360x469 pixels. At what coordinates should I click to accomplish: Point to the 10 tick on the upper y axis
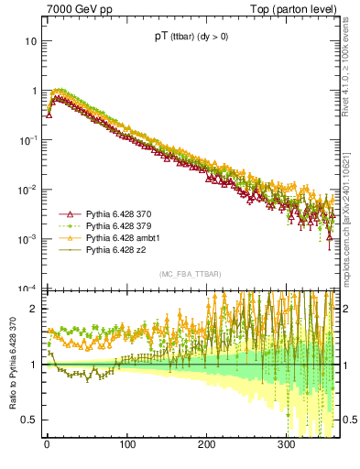[x=29, y=42]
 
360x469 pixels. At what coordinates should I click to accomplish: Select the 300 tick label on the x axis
[x=287, y=445]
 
